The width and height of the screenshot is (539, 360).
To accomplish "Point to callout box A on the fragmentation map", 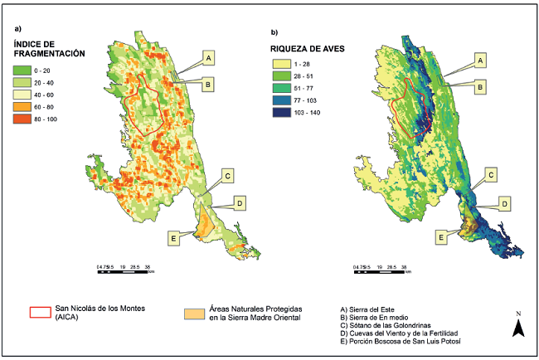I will (209, 57).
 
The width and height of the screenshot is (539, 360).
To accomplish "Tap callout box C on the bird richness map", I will (490, 175).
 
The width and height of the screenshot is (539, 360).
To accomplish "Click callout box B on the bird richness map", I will (478, 84).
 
